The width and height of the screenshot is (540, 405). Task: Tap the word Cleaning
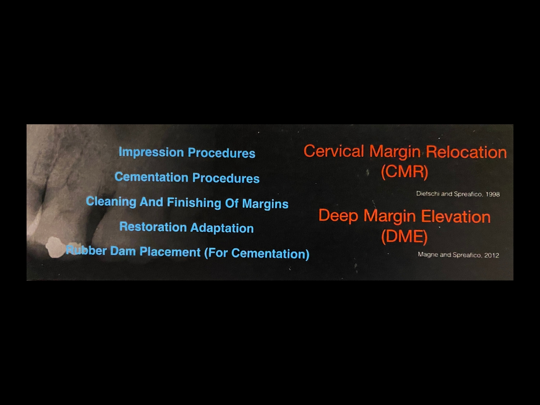[111, 202]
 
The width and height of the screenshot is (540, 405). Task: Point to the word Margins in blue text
[265, 204]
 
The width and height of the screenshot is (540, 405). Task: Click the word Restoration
[153, 227]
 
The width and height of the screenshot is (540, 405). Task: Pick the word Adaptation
[222, 228]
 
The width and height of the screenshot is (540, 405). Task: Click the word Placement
[170, 252]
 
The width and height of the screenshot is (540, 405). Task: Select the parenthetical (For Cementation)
[257, 254]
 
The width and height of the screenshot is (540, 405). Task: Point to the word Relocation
[466, 152]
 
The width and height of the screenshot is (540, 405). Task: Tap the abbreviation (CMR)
[405, 172]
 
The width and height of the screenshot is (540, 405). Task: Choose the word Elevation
[456, 217]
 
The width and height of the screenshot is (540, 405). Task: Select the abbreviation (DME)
[405, 237]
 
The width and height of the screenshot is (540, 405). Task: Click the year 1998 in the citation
[492, 195]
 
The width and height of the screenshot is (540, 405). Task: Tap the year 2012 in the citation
[492, 255]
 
